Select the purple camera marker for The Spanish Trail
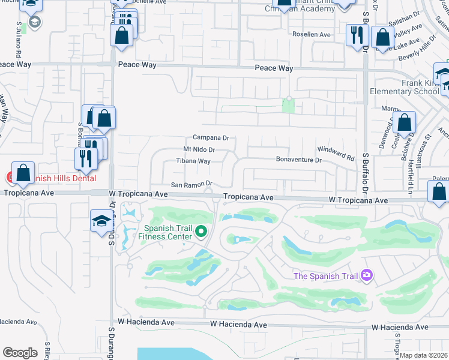coord(366,275)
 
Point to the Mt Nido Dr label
coord(199,149)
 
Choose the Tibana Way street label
coord(193,161)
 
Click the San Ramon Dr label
coord(192,184)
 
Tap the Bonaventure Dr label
coord(299,160)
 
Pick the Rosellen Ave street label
coord(312,35)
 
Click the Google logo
coord(20,353)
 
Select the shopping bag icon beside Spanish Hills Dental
coord(23,173)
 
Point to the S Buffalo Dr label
coord(366,173)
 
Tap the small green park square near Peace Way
coord(289,106)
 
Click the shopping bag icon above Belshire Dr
coord(405,123)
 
